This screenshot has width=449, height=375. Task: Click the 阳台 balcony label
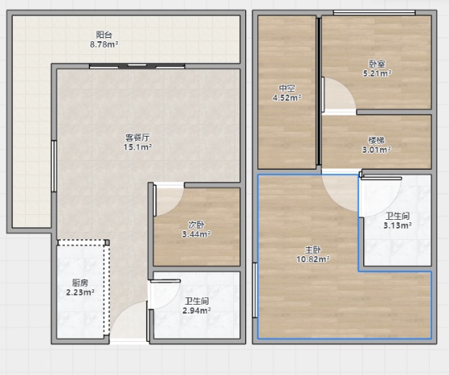point(104,35)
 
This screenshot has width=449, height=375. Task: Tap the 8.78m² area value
point(104,44)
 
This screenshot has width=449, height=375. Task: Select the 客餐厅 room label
point(138,137)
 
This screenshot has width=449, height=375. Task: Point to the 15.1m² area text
point(138,147)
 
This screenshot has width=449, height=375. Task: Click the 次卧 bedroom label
point(197,225)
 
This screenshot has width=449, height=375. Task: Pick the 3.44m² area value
point(197,234)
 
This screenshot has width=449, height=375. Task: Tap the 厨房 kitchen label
point(80,283)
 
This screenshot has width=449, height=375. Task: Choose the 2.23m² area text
point(80,293)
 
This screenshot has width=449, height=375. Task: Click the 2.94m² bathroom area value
point(197,310)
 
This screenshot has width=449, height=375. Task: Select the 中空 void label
point(287,88)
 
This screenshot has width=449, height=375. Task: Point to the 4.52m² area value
point(287,98)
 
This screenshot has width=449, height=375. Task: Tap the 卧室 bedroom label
point(377,64)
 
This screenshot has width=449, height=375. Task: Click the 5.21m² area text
point(377,74)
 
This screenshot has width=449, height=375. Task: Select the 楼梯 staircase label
point(376,140)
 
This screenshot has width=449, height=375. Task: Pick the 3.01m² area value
point(376,150)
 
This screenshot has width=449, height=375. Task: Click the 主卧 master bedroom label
point(313,250)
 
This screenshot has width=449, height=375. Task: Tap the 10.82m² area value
point(313,259)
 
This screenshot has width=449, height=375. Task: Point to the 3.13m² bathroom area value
point(398,225)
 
